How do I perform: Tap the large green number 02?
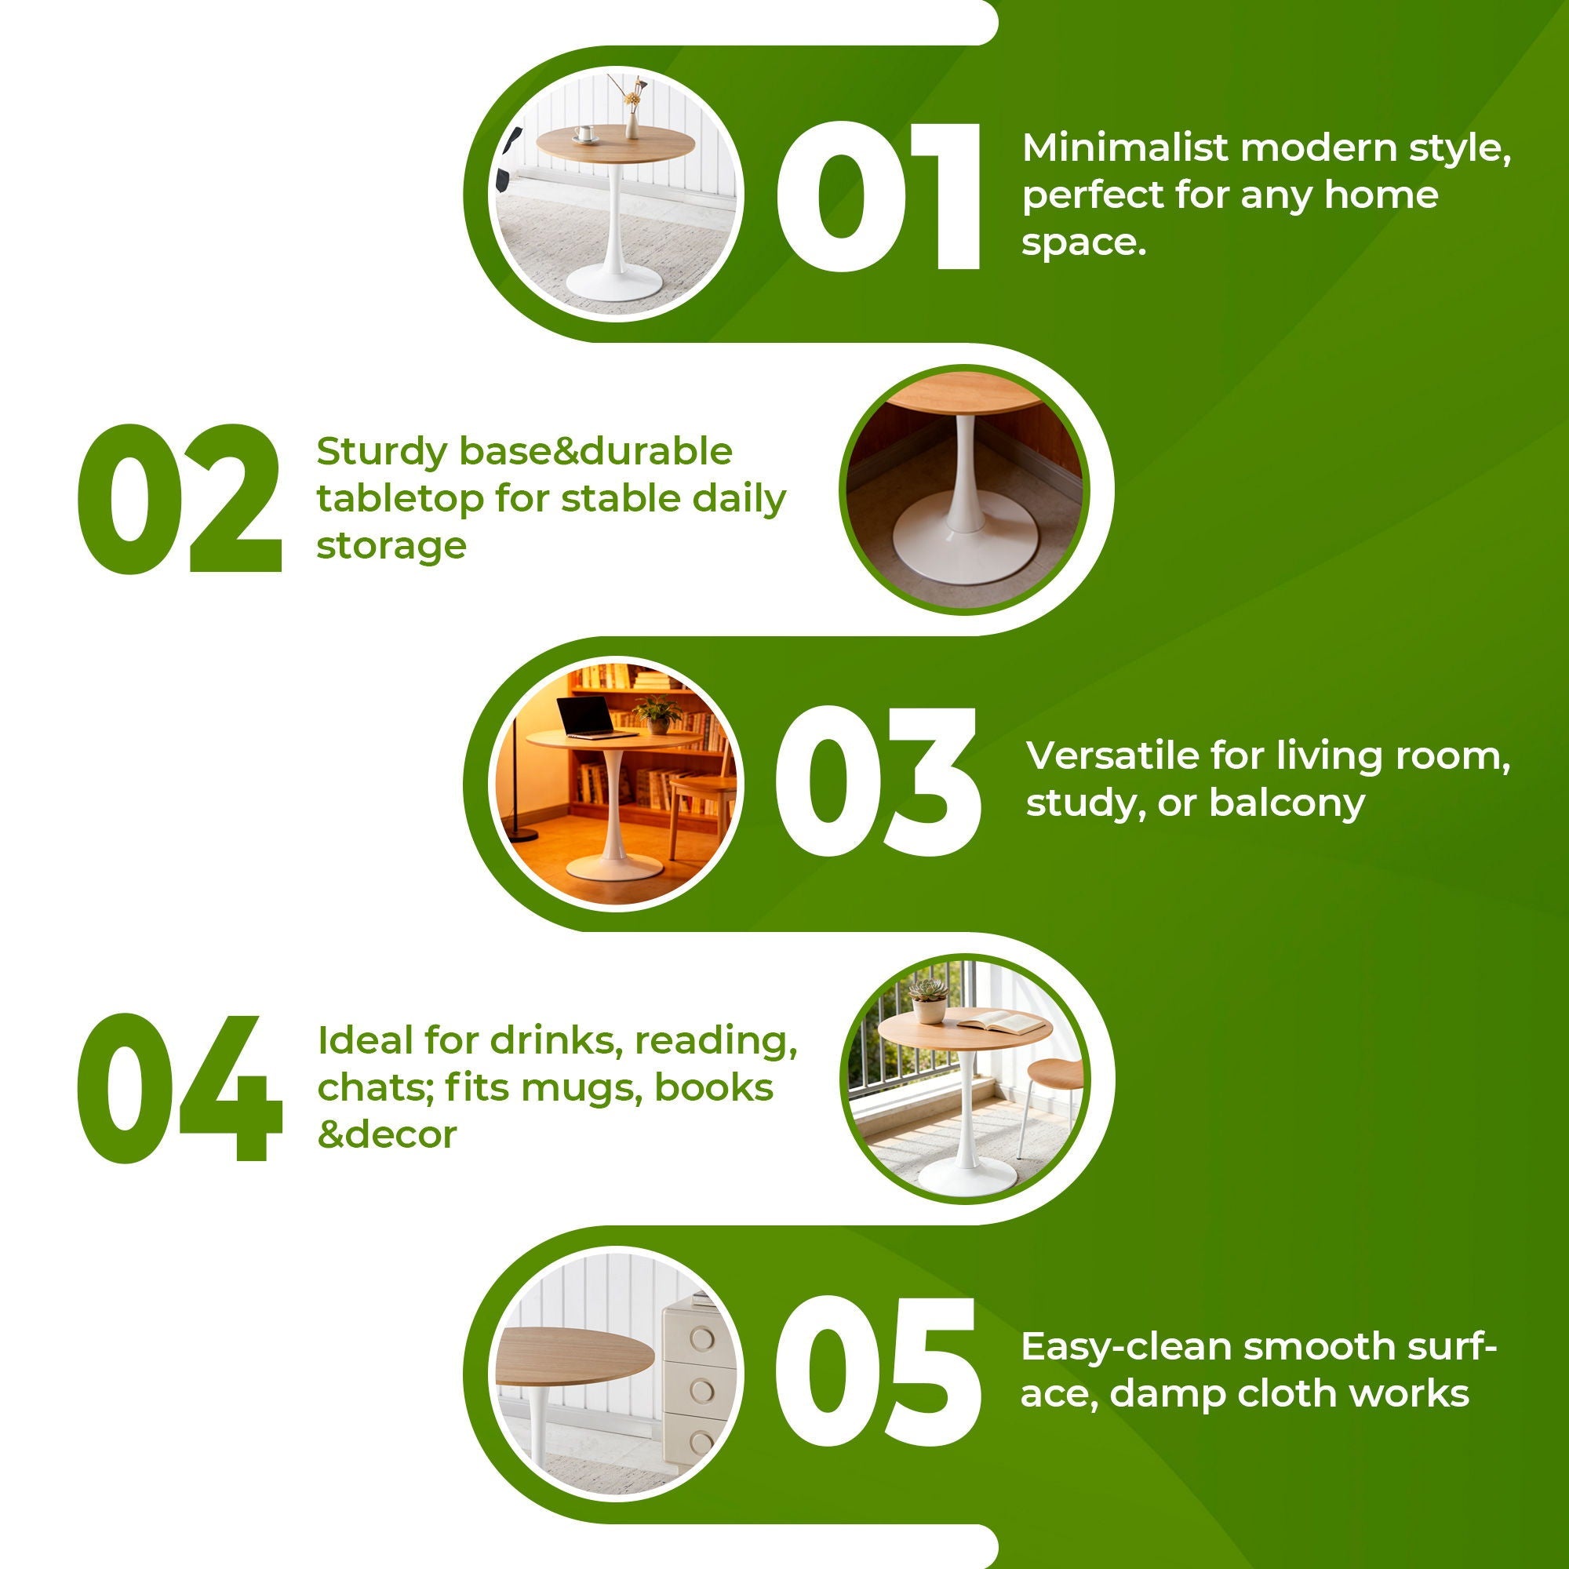180,498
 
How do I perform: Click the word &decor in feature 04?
387,1134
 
